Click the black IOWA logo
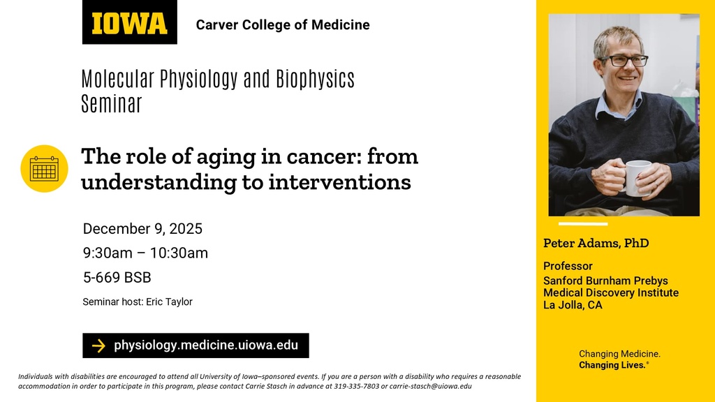[129, 23]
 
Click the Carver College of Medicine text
[283, 25]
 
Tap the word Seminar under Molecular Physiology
[112, 104]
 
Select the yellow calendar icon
[44, 168]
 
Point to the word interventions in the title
[339, 182]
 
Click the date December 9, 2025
[142, 229]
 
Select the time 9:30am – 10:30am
[145, 253]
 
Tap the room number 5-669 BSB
[117, 277]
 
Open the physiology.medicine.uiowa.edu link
[206, 345]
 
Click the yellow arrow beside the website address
[98, 345]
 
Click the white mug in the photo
[637, 177]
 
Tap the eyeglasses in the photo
[624, 61]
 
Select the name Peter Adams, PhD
[596, 243]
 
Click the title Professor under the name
[568, 266]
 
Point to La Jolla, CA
[573, 305]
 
